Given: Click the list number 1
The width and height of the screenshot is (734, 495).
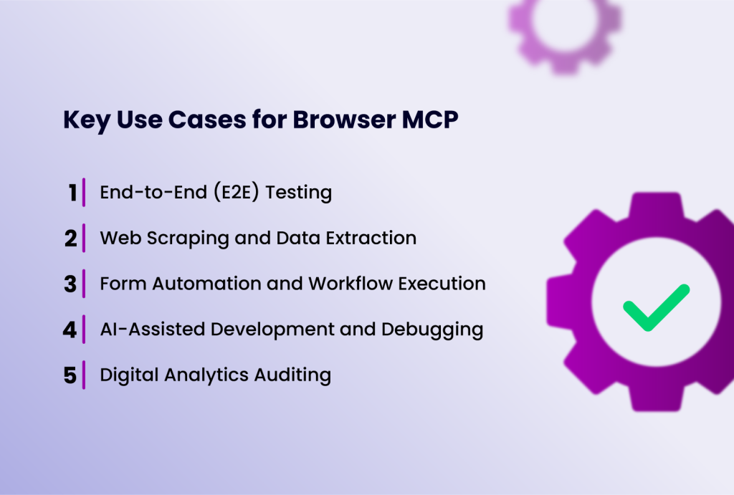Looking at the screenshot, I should tap(72, 193).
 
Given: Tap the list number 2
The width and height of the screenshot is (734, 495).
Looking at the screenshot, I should tap(70, 239).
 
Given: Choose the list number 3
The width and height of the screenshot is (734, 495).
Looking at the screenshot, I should tap(70, 284).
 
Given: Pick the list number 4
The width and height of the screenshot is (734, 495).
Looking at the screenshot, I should tap(70, 330).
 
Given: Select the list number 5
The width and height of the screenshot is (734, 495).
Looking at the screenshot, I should tap(70, 376).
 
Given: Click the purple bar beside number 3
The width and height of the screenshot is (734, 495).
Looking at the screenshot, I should tap(84, 283).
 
